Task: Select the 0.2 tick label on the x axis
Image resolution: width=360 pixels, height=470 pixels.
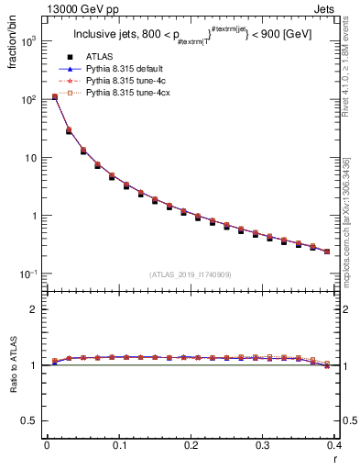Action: click(191, 446)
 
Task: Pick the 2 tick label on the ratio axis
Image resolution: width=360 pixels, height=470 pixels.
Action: click(34, 310)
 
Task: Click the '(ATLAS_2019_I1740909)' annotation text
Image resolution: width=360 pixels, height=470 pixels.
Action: click(189, 274)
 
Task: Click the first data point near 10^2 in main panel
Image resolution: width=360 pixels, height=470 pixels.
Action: click(54, 96)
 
